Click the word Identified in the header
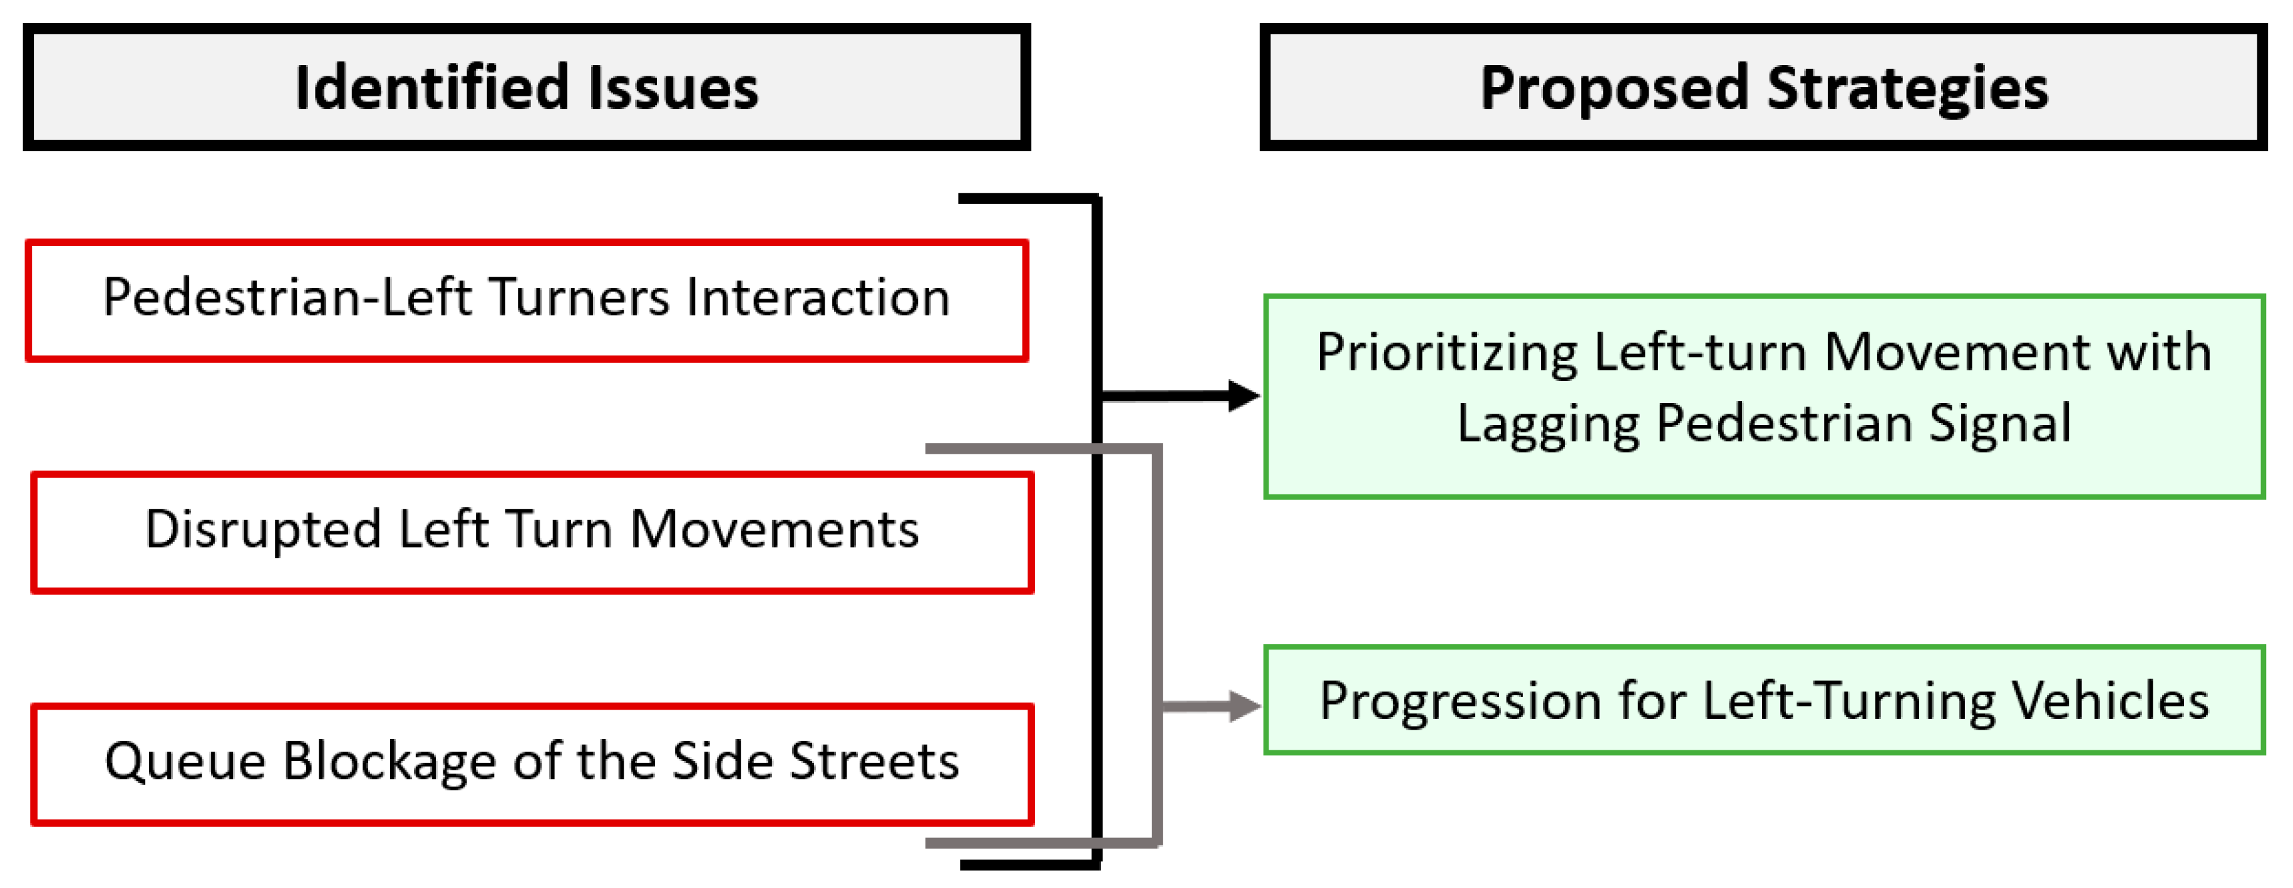[431, 88]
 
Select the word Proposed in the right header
[1614, 88]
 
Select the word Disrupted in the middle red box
[264, 529]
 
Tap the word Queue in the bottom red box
[185, 763]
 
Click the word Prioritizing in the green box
[1446, 353]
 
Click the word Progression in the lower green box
[1460, 702]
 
